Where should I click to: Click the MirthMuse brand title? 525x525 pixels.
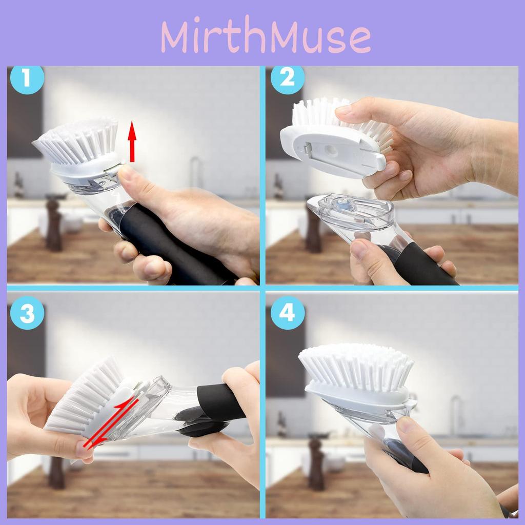(266, 36)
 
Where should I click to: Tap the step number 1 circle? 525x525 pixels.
(27, 79)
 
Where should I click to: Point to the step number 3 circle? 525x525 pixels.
(27, 313)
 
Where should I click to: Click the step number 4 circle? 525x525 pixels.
(287, 313)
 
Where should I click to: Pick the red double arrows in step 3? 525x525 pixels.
(111, 422)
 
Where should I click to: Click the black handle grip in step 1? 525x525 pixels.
(174, 245)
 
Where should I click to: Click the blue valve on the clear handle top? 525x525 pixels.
(341, 203)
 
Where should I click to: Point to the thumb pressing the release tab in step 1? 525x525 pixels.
(134, 183)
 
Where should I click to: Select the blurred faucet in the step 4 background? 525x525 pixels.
(456, 415)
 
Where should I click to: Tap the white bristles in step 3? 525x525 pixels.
(84, 395)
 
